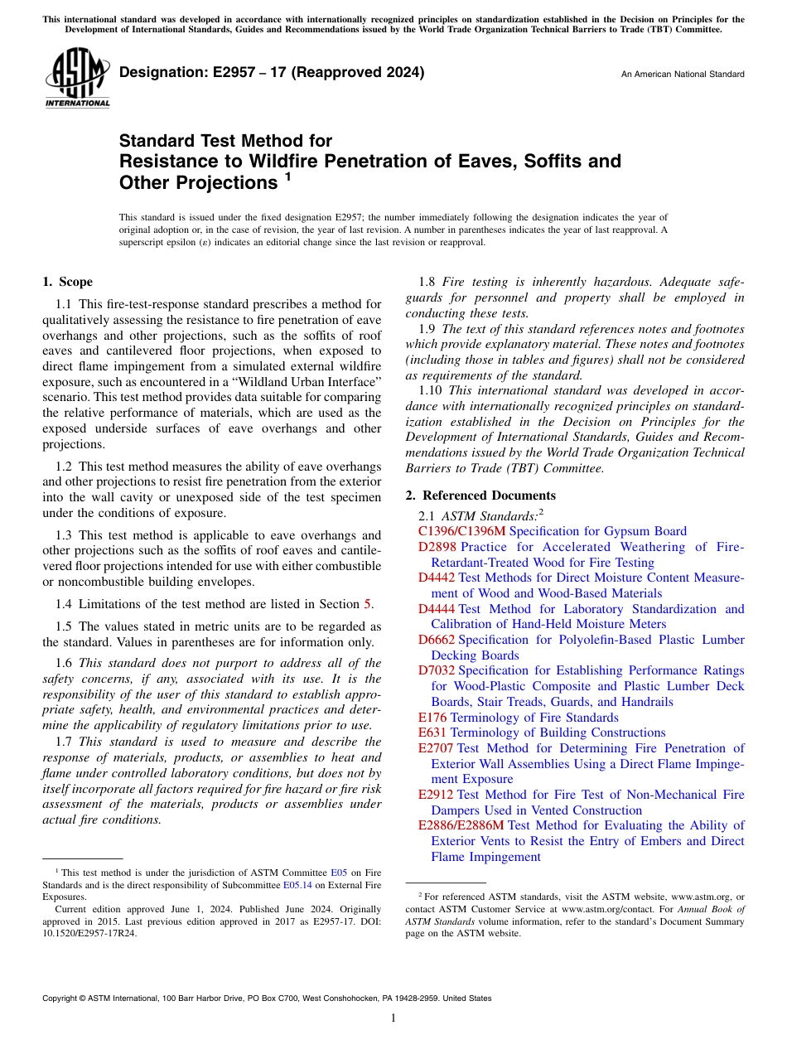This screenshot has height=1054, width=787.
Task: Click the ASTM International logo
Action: coord(76,79)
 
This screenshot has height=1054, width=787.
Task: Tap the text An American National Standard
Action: coord(683,75)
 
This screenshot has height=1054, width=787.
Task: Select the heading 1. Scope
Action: coord(67,282)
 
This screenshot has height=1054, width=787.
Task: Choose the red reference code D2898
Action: coord(437,547)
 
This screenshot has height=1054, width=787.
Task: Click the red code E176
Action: coord(432,718)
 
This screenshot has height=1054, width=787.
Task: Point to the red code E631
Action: coord(432,732)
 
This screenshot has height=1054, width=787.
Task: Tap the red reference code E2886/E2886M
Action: coord(461,825)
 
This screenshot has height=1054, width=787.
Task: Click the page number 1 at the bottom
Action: coord(393,1018)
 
